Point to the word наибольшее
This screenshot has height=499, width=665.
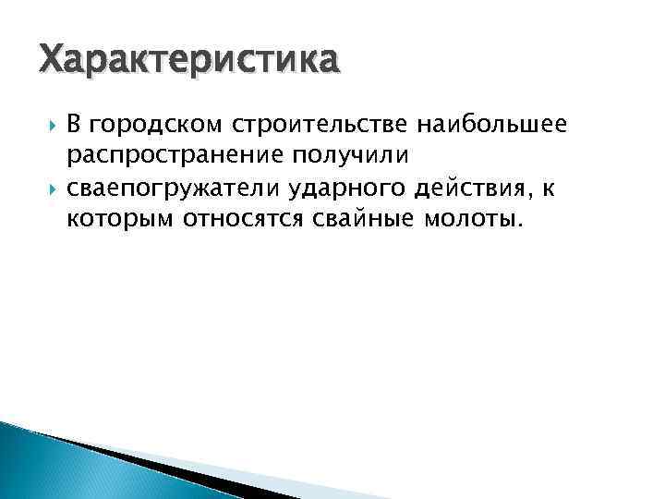coord(500,124)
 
